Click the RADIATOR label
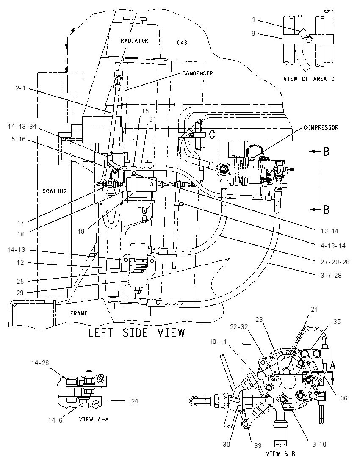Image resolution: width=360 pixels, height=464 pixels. pyautogui.click(x=134, y=41)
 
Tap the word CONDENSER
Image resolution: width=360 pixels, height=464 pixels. pyautogui.click(x=197, y=73)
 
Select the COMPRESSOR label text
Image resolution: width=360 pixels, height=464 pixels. pyautogui.click(x=321, y=127)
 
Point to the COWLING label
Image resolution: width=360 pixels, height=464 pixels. pyautogui.click(x=55, y=191)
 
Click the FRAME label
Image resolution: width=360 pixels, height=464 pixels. pyautogui.click(x=78, y=313)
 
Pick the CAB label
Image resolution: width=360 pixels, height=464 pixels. pyautogui.click(x=182, y=43)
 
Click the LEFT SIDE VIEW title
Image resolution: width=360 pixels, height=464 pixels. pyautogui.click(x=136, y=333)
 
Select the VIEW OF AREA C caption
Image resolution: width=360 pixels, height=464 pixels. pyautogui.click(x=309, y=79)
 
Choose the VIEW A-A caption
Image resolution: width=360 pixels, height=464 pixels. pyautogui.click(x=94, y=419)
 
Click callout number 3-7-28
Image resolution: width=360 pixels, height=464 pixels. pyautogui.click(x=330, y=276)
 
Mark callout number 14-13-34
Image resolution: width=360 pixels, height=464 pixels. pyautogui.click(x=22, y=126)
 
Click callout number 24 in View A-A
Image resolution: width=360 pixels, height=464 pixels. pyautogui.click(x=134, y=401)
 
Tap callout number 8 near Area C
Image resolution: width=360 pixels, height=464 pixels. pyautogui.click(x=253, y=33)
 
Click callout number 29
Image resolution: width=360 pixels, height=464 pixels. pyautogui.click(x=20, y=293)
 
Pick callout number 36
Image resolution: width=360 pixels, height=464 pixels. pyautogui.click(x=344, y=398)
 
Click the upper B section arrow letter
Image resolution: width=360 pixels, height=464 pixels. pyautogui.click(x=326, y=152)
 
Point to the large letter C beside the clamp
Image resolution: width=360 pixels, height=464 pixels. pyautogui.click(x=212, y=135)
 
